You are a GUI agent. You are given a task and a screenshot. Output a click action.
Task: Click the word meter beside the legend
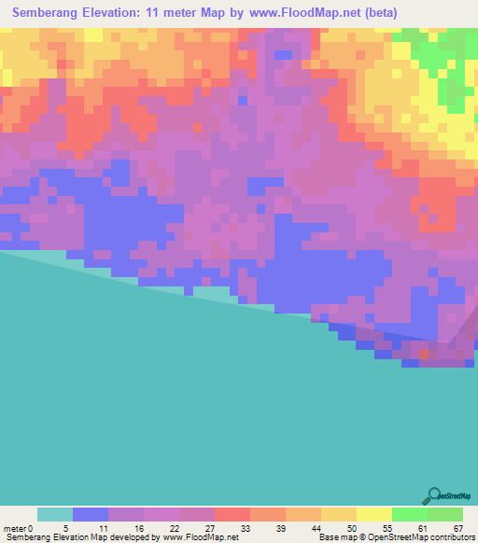pyautogui.click(x=15, y=527)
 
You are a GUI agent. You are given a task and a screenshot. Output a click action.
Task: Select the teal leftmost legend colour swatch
pyautogui.click(x=55, y=514)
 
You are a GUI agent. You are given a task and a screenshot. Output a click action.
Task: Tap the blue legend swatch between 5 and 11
pyautogui.click(x=91, y=514)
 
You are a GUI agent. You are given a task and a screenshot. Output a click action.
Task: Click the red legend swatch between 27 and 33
pyautogui.click(x=232, y=514)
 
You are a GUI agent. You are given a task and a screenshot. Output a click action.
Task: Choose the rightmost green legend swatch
pyautogui.click(x=445, y=514)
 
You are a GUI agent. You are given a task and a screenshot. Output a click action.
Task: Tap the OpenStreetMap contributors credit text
pyautogui.click(x=420, y=537)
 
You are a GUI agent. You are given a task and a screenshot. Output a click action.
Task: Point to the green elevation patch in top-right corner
pyautogui.click(x=439, y=56)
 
